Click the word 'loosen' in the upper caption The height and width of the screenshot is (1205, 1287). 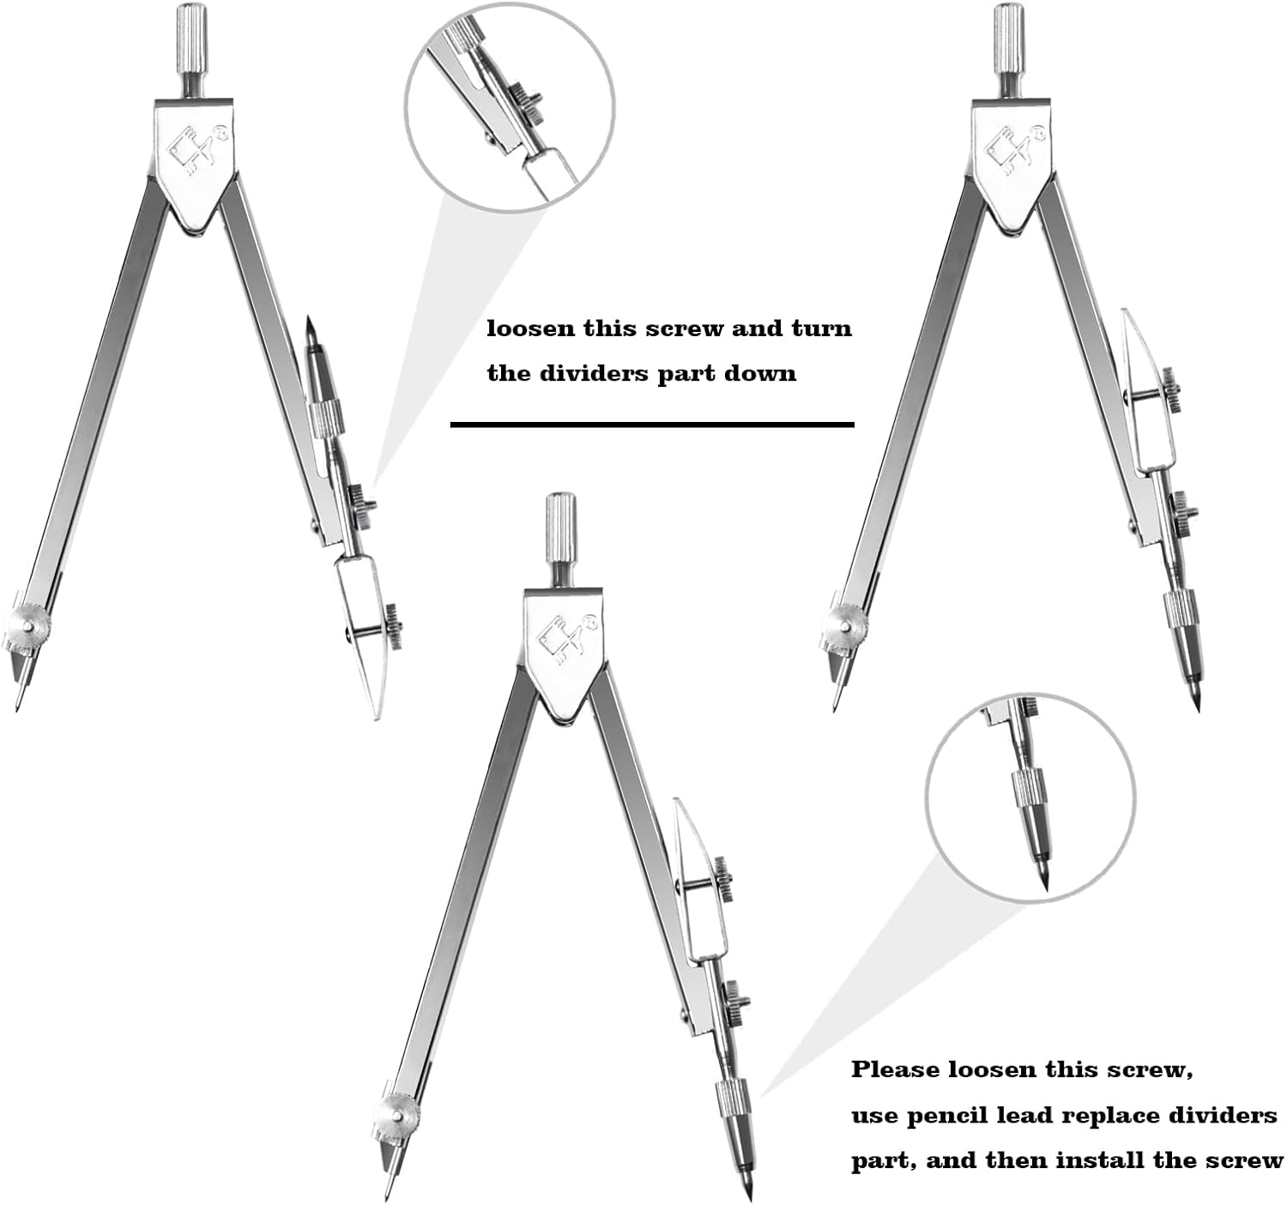[x=531, y=328]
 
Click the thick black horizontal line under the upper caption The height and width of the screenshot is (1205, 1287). [x=652, y=425]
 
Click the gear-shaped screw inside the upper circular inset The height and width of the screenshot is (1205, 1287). [x=523, y=103]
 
